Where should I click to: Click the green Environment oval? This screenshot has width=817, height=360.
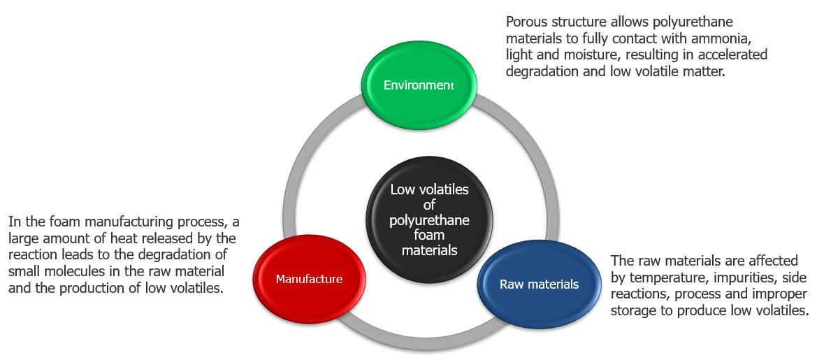pos(419,85)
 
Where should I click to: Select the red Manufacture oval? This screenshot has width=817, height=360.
pos(309,279)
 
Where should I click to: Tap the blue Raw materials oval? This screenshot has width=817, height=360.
pos(539,284)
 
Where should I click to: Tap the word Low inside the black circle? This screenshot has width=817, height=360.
pos(403,189)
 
